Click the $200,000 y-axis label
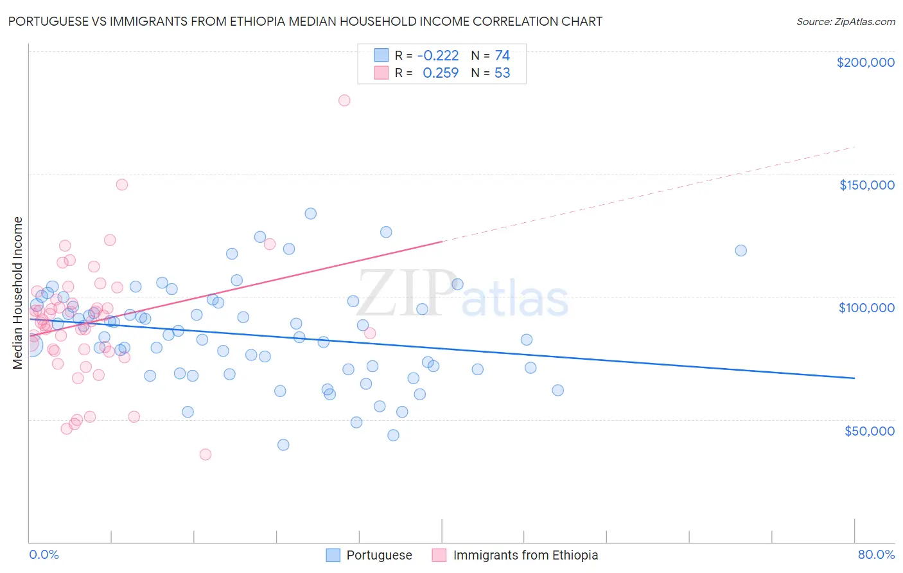(x=865, y=62)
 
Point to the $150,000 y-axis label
(x=866, y=185)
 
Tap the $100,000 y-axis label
(x=866, y=308)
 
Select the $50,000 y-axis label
(x=869, y=430)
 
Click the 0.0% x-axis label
(x=44, y=554)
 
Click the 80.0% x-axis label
(x=876, y=554)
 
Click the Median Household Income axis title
(x=18, y=293)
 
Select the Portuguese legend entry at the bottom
(x=379, y=555)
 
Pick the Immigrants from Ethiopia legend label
(x=525, y=555)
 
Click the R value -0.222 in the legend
(x=438, y=55)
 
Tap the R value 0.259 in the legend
(x=441, y=73)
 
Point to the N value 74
(x=502, y=55)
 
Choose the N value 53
(x=502, y=73)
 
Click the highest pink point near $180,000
(x=344, y=100)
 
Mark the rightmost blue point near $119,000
(x=741, y=251)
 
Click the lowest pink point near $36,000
(x=206, y=454)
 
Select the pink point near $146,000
(x=122, y=184)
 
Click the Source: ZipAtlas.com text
(x=845, y=22)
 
